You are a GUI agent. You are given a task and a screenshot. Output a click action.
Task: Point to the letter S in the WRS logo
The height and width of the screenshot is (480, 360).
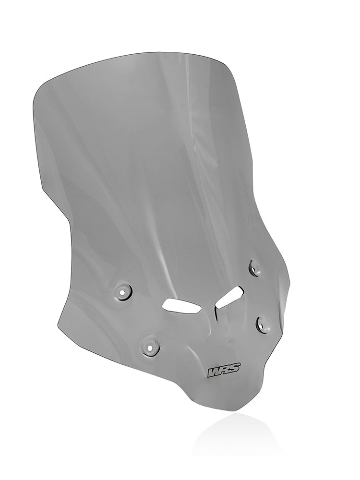coord(235,369)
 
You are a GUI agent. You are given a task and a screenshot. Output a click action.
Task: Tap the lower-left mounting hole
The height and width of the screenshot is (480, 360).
coord(150,348)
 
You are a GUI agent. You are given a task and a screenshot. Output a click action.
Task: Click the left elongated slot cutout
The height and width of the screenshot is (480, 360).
coord(180,305)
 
